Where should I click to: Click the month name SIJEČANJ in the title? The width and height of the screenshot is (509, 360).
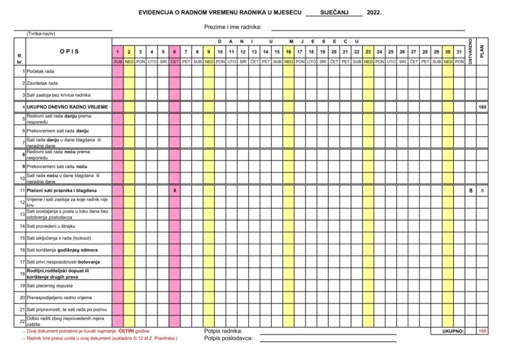pos(334,12)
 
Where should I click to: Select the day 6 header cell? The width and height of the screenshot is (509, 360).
pos(174,52)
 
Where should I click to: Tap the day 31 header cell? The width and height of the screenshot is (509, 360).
pos(459,52)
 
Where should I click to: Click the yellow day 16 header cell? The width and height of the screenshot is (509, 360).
pos(288,52)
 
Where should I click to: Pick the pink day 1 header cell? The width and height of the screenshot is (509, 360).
pos(117,52)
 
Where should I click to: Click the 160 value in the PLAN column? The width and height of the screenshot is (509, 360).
pos(482,107)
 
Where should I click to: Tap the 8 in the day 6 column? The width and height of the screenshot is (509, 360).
pos(174,190)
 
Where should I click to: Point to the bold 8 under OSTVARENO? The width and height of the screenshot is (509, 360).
pos(471,190)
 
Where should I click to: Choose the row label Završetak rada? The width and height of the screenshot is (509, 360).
pos(42,83)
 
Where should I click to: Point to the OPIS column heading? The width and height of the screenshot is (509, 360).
pos(70,51)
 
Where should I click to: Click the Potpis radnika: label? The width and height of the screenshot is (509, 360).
pos(223,331)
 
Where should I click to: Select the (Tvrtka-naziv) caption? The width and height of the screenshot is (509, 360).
pos(41,34)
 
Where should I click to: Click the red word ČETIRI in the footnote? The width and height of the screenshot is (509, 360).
pos(127,331)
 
